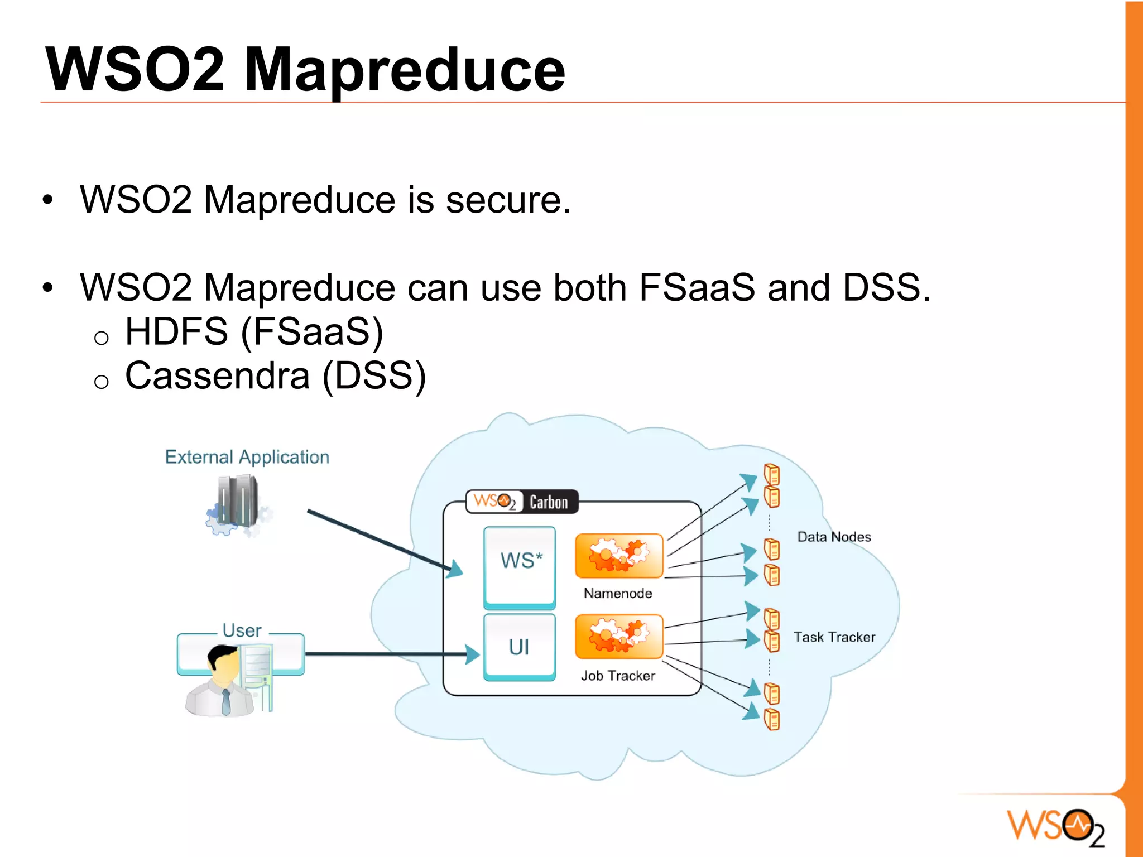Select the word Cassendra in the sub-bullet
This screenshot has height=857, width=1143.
[217, 375]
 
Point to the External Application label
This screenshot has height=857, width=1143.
[247, 457]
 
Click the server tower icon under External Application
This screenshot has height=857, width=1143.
[238, 502]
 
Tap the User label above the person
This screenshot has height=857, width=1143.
[242, 630]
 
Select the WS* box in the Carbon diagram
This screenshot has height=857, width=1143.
[520, 566]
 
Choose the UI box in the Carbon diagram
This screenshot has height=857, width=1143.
[520, 647]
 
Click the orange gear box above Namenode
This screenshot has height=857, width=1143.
[619, 556]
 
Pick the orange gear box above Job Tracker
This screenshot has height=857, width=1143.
[619, 637]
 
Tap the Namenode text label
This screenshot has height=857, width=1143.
[618, 593]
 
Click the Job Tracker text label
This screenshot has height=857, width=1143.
[618, 676]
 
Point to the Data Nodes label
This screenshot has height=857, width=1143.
[834, 537]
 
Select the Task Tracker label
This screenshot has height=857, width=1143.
[834, 637]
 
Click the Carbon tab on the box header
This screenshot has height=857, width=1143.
[549, 502]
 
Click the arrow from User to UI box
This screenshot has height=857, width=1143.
[391, 654]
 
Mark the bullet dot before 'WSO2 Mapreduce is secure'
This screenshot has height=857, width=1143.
[48, 200]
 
